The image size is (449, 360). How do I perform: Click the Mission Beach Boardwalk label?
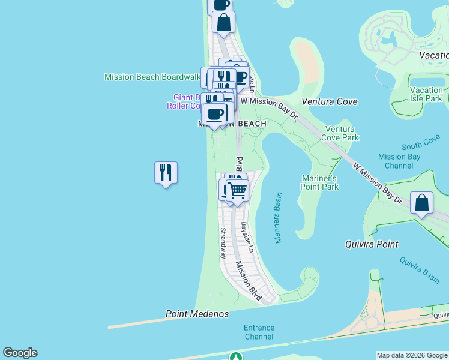coord(152,77)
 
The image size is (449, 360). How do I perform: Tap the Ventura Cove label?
coord(330,101)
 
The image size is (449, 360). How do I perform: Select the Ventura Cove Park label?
coord(342,133)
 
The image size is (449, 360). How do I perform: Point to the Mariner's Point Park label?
coord(319,182)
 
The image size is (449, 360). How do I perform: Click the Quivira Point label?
coord(372,244)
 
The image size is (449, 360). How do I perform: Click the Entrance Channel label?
coord(259,332)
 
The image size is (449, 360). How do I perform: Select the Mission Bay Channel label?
coord(399,161)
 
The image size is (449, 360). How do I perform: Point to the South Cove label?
coord(421,145)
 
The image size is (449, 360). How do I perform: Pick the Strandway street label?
coord(223,243)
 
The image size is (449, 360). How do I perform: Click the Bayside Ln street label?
coord(246,237)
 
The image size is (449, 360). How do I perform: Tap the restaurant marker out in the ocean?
coord(165,173)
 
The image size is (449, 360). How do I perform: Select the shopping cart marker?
coord(238,191)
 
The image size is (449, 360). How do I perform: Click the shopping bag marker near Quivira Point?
coord(422,203)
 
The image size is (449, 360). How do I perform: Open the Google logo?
coord(20,353)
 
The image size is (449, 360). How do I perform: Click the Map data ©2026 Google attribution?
coord(412,355)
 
